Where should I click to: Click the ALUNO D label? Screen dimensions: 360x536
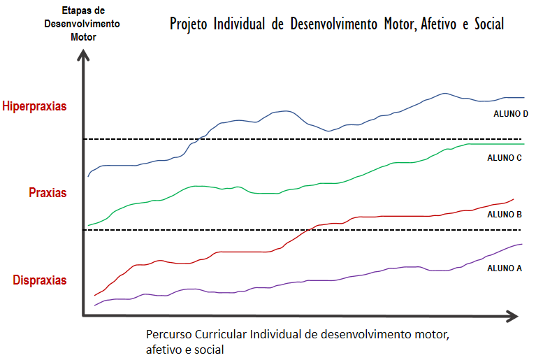(x=507, y=113)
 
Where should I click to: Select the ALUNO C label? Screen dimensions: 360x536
(x=505, y=158)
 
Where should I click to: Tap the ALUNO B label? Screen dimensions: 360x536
(x=505, y=214)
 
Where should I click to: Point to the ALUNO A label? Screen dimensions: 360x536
(x=505, y=268)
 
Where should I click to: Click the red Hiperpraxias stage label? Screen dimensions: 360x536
(x=35, y=107)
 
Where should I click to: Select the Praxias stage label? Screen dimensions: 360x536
(x=48, y=192)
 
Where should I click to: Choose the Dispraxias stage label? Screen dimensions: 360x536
(x=40, y=280)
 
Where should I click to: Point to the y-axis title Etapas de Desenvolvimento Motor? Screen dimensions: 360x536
(x=82, y=24)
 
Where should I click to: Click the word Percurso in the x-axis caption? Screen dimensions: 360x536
(x=168, y=334)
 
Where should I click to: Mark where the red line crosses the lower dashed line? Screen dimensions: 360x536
(x=307, y=229)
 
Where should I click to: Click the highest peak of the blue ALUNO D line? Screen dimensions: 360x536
(x=443, y=92)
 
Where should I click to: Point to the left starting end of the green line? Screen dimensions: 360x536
(x=88, y=226)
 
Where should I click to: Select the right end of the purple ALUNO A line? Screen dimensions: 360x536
(x=522, y=244)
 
